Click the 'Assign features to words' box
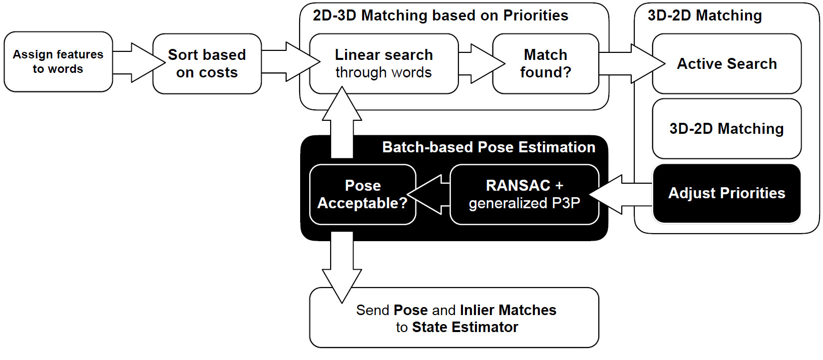click(58, 62)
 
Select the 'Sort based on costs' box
click(207, 63)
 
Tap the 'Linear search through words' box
click(384, 63)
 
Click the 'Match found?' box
click(545, 63)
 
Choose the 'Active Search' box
click(727, 63)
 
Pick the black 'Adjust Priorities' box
click(727, 193)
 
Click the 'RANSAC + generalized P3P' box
click(524, 194)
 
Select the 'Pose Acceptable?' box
click(363, 194)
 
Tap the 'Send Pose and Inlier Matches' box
click(455, 318)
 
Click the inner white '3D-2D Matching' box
click(727, 129)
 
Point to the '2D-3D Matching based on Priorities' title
click(440, 15)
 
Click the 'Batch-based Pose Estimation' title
click(488, 147)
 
